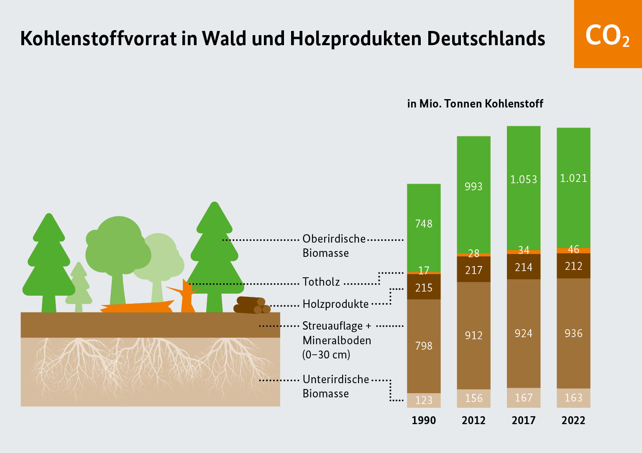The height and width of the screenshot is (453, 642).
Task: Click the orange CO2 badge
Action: (x=607, y=34)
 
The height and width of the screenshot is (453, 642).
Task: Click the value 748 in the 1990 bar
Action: (x=424, y=224)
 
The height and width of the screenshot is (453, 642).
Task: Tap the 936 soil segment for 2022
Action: (x=573, y=333)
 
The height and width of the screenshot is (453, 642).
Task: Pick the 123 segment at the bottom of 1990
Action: (x=424, y=400)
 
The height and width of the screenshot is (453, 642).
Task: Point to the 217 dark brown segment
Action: (x=473, y=270)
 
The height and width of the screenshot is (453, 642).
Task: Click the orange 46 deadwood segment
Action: (x=573, y=250)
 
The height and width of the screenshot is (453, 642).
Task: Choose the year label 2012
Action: (x=473, y=420)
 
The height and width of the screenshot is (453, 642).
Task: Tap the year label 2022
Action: (x=573, y=420)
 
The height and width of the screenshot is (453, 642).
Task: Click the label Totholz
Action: (x=321, y=282)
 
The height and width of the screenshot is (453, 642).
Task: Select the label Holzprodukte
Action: (x=335, y=304)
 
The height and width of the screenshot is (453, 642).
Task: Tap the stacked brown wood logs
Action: (x=251, y=305)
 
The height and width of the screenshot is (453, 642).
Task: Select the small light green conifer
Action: (x=79, y=289)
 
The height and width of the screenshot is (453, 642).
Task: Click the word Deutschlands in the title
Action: (x=486, y=38)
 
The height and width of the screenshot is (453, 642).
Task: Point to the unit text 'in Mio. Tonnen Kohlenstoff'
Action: (x=475, y=104)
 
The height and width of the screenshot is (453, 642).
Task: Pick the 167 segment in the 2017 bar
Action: (x=523, y=398)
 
